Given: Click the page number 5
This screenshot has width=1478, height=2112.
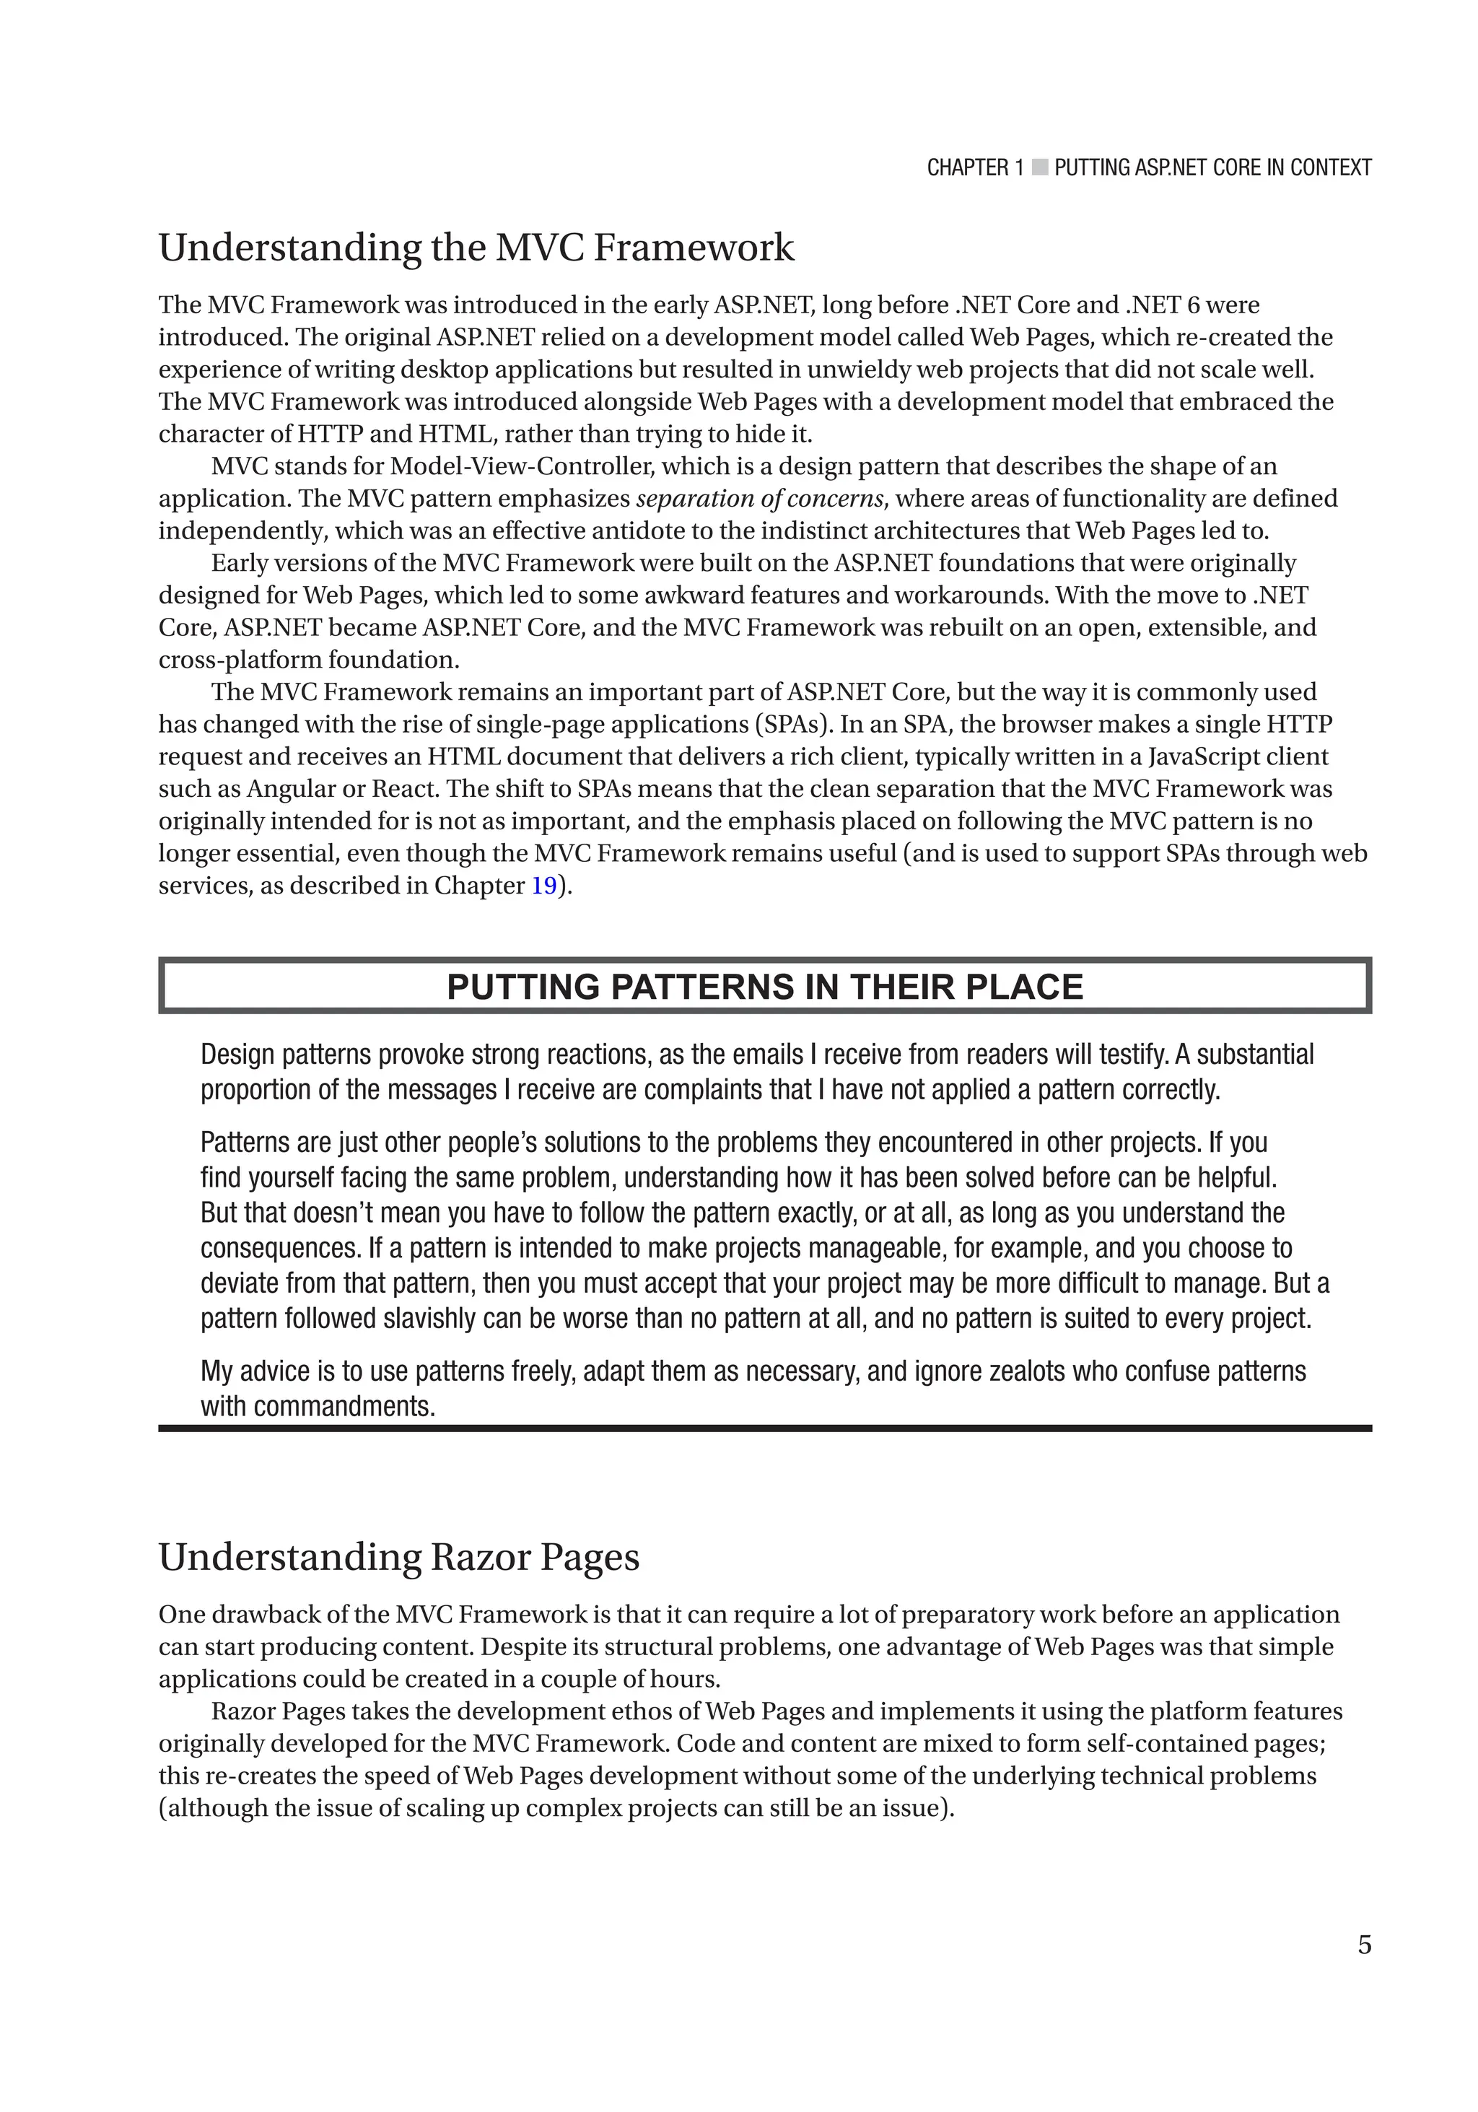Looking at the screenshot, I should click(1364, 1945).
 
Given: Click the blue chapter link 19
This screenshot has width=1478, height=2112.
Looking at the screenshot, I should click(543, 886).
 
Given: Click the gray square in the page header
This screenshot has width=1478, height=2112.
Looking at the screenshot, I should click(1039, 167).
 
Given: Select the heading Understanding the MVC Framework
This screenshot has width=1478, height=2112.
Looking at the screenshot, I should click(476, 248).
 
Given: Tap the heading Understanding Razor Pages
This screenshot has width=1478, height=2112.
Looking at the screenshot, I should click(398, 1558).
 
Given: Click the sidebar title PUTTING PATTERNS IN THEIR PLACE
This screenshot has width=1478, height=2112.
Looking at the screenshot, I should click(764, 987).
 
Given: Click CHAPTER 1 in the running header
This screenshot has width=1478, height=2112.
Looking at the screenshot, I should click(974, 167).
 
